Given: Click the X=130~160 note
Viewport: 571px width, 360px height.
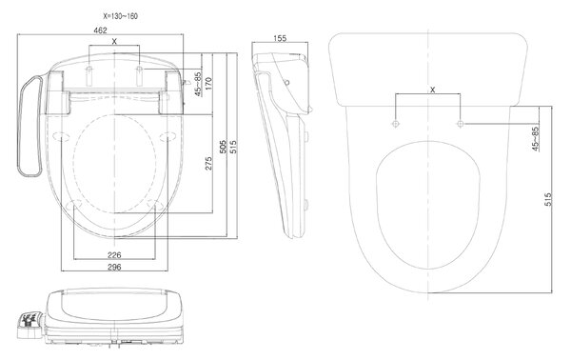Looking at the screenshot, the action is click(121, 16).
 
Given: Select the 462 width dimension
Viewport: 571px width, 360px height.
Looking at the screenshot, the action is click(100, 30).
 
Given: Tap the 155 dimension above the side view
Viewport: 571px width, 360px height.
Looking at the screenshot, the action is click(280, 38).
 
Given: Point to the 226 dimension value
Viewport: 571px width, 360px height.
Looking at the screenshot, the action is click(114, 254).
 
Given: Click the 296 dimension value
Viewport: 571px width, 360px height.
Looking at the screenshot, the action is click(114, 267).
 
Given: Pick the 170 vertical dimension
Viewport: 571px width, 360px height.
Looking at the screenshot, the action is click(208, 84).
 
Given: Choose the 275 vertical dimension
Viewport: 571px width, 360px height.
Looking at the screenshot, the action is click(208, 164).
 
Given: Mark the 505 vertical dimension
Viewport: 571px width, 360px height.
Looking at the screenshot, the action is click(224, 147).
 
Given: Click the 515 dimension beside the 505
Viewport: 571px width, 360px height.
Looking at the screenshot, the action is click(233, 147).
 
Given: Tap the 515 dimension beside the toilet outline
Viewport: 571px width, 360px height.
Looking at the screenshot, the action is click(548, 199).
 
